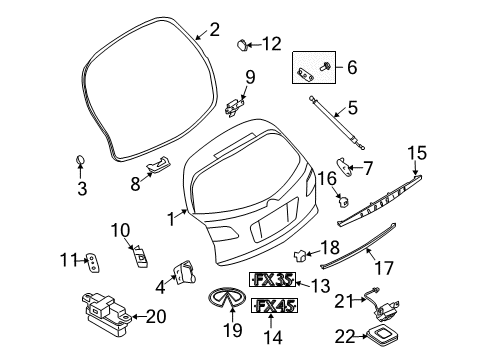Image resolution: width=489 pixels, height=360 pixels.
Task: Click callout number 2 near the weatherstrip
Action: coord(214,30)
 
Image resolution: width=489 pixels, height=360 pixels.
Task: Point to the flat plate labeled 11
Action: coord(93,263)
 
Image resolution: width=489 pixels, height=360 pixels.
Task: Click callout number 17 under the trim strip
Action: coord(379,269)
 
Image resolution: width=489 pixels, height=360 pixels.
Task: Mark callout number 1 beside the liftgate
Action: coord(172,217)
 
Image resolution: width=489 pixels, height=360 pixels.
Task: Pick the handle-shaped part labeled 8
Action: coord(158,165)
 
